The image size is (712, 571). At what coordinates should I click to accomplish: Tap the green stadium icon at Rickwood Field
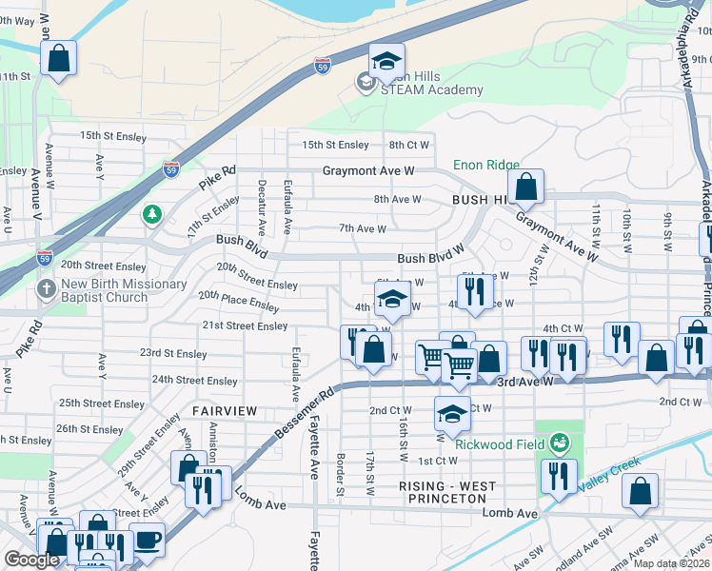[560, 443]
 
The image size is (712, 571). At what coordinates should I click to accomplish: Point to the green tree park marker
[151, 214]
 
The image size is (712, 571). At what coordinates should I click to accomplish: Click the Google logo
[31, 560]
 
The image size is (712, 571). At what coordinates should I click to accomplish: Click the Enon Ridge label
[486, 165]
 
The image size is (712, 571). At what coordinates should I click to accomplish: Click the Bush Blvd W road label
[430, 258]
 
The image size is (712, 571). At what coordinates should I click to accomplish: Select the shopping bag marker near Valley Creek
[641, 491]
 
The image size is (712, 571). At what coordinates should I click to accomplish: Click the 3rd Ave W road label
[525, 381]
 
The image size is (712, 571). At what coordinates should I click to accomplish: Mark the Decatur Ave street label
[261, 206]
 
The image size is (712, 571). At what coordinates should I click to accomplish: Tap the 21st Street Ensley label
[245, 325]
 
